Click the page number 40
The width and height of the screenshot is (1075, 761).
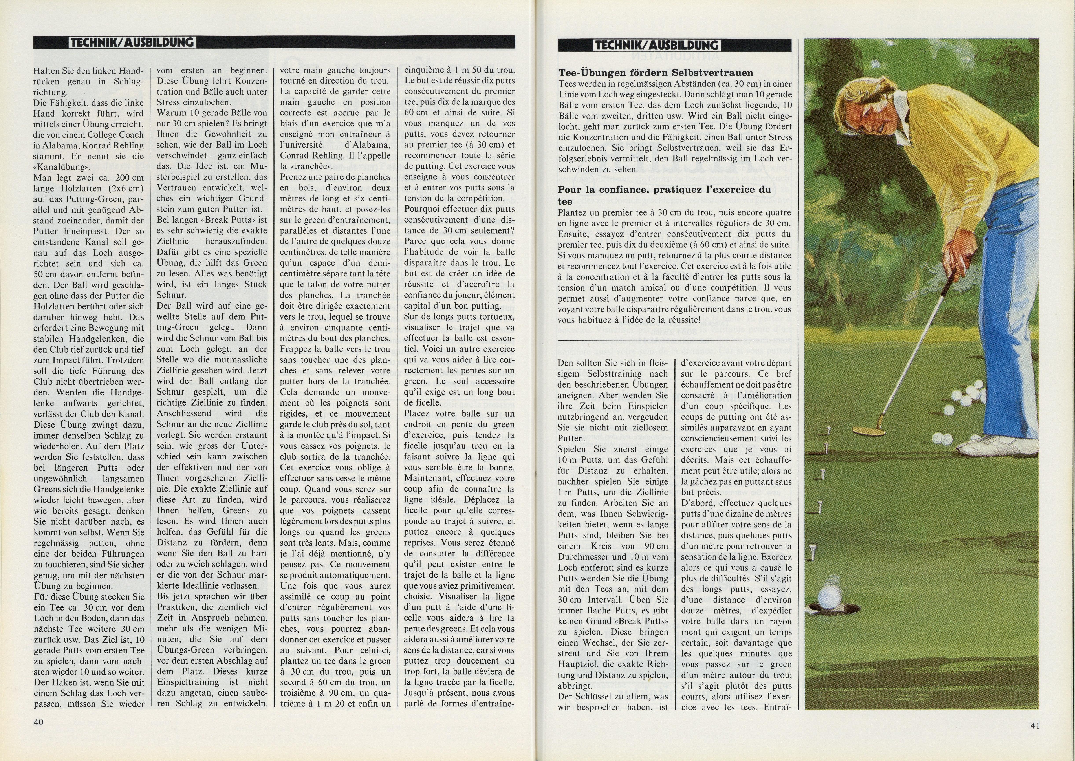tap(38, 722)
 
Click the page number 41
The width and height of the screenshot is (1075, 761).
tap(1035, 726)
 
